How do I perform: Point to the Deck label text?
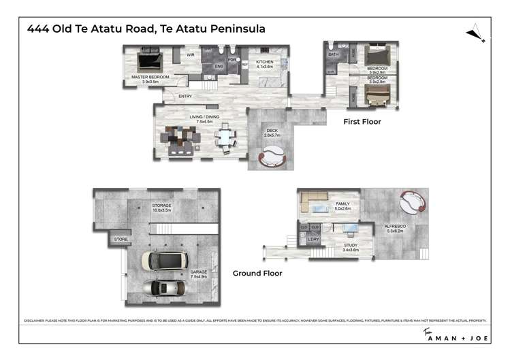tap(272, 131)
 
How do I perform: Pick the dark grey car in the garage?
tap(164, 288)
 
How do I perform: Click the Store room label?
tap(121, 240)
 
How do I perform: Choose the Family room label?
tap(342, 204)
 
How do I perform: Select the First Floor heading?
tap(362, 122)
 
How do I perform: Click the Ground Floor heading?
tap(257, 274)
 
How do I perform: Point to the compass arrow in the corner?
tap(475, 33)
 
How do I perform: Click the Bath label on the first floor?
tap(334, 54)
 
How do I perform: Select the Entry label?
tap(185, 96)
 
